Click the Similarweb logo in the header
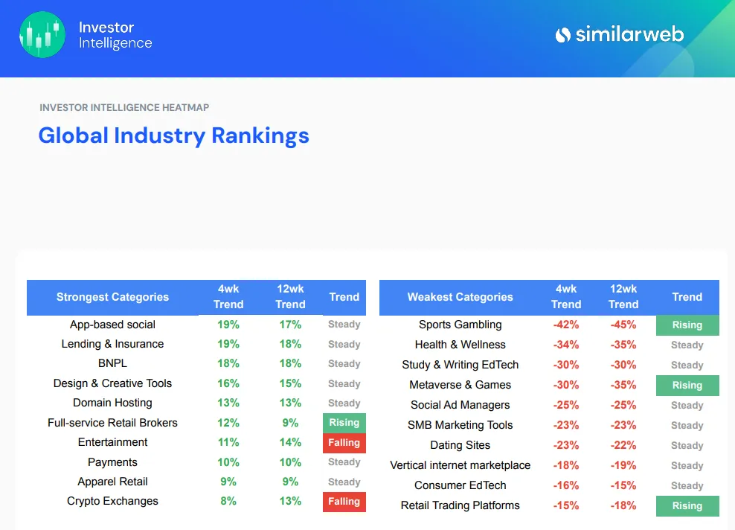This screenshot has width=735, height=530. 619,34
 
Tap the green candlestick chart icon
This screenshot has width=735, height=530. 42,35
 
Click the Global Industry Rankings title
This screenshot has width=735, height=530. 173,135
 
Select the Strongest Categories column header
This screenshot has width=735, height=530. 112,297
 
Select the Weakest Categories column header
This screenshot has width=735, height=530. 460,297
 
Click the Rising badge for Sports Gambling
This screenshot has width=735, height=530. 687,325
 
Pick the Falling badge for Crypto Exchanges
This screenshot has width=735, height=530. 344,502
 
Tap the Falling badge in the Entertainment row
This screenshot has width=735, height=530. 344,443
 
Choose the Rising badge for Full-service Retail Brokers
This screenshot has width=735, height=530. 344,423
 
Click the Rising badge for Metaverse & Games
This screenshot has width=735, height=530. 687,386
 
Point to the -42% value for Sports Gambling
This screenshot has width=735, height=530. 565,325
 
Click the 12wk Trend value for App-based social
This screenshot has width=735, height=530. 290,325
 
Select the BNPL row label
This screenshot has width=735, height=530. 112,364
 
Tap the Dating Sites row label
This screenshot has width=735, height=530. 460,445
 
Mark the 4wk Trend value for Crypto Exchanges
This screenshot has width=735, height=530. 228,502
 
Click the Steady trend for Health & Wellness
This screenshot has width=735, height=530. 687,345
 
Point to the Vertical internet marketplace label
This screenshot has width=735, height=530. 460,465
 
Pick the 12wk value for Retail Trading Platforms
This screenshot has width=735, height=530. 623,505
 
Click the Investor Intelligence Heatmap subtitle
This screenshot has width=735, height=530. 124,107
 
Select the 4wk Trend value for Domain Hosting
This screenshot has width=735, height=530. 228,403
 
